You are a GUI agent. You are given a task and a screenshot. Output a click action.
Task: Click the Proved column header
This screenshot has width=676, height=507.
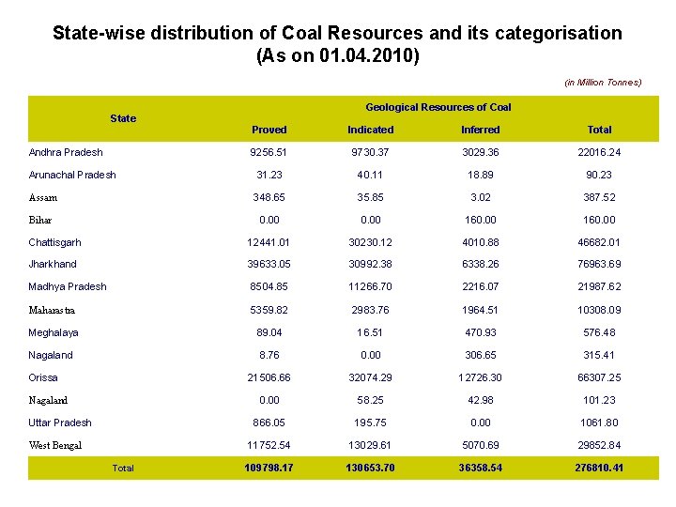coord(269,130)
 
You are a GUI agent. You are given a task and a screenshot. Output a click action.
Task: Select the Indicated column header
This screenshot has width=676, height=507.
coord(371,130)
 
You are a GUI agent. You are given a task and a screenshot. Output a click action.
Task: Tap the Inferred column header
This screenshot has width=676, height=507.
coord(481,130)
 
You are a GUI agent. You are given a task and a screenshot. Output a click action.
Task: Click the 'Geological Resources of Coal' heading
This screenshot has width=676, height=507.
coord(438,107)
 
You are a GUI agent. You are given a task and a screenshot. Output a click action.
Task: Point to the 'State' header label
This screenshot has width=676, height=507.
coord(123,118)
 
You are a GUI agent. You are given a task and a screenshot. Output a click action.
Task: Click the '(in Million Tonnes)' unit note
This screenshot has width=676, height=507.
coord(603,83)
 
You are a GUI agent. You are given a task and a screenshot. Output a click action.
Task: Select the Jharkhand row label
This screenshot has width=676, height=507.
coord(53,265)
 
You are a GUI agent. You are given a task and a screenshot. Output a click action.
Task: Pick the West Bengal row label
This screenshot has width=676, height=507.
coord(55,445)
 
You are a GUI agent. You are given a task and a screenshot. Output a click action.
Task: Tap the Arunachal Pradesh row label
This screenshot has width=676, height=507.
coord(72,175)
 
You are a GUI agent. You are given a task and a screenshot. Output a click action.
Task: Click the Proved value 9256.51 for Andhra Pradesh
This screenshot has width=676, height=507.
coord(269,152)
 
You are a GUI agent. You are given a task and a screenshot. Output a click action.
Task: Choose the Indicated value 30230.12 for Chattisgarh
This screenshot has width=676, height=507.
coord(371,242)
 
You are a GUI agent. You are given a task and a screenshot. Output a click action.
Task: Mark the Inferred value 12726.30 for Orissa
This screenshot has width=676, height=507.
coord(481,377)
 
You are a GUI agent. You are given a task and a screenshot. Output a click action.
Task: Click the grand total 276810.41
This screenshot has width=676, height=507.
coord(599,468)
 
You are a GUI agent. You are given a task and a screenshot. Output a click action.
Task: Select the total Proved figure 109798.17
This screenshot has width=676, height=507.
coord(269,468)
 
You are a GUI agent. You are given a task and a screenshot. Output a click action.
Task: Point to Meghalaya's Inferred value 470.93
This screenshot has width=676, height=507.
coord(481,332)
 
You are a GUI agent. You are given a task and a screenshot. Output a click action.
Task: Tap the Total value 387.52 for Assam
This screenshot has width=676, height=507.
coord(599,197)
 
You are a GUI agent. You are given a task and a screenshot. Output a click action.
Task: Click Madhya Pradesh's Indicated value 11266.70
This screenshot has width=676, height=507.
coord(371,287)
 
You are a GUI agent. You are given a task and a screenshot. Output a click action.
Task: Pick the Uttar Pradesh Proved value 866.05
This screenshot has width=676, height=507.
coord(269,422)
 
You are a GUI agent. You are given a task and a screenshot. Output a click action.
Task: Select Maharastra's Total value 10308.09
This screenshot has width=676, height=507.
coord(599,310)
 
